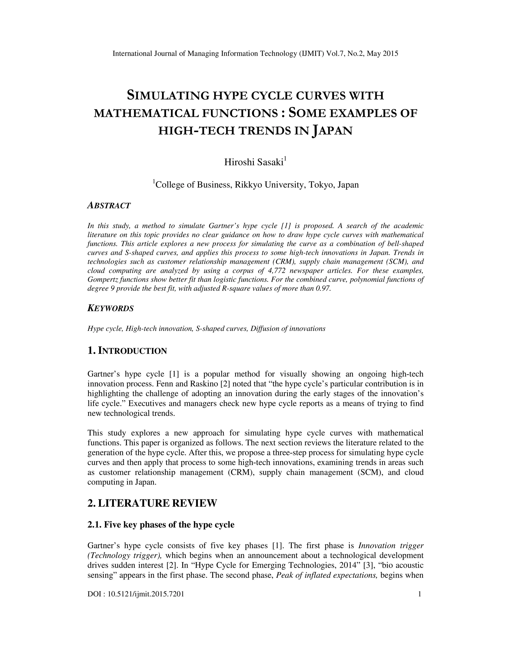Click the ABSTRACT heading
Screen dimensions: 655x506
pyautogui.click(x=109, y=206)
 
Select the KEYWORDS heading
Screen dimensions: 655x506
pyautogui.click(x=110, y=308)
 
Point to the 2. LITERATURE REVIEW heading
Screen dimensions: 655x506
pyautogui.click(x=152, y=503)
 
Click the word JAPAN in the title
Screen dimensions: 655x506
pyautogui.click(x=332, y=131)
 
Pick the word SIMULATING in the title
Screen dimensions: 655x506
pyautogui.click(x=168, y=96)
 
